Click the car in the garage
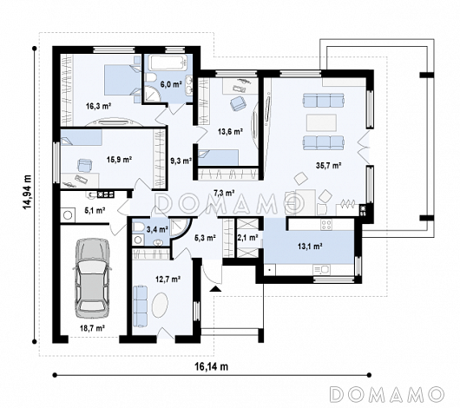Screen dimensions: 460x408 point(92,279)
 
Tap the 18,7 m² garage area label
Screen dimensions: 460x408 point(93,328)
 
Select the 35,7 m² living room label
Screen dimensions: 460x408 point(328,166)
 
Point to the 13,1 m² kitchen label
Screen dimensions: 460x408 point(311,247)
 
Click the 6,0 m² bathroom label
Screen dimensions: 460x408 point(171,84)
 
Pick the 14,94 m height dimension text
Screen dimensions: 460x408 point(28,192)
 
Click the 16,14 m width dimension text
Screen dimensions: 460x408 point(212,366)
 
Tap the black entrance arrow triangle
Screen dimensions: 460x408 point(215,289)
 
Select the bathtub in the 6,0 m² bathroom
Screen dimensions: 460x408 point(168,63)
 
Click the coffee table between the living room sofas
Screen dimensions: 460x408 point(321,122)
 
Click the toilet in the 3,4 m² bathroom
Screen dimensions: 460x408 point(139,227)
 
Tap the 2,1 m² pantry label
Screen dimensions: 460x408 point(247,238)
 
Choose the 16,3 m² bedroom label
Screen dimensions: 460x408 point(98,106)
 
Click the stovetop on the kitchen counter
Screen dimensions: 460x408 point(326,225)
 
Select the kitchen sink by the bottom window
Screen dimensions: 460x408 point(321,269)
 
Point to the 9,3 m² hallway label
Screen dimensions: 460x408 point(181,161)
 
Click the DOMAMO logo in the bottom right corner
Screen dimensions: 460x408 point(386,394)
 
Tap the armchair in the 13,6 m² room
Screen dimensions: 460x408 point(238,103)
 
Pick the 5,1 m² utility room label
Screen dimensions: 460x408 point(95,210)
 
